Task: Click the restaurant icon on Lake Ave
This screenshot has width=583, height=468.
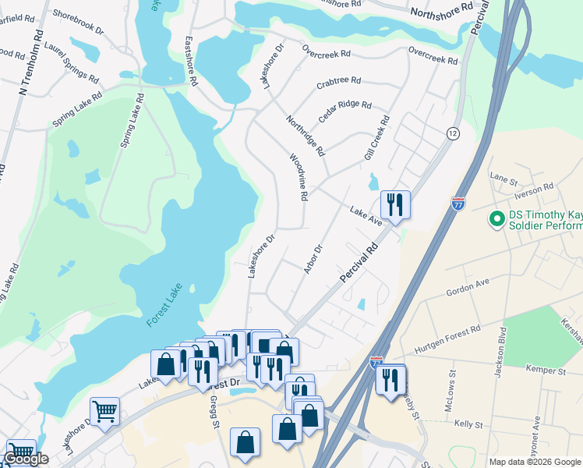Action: tap(394, 205)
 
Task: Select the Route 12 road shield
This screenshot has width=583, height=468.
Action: tap(453, 133)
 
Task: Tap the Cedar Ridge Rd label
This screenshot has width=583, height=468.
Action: tap(344, 112)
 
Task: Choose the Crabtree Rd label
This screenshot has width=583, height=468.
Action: tap(338, 81)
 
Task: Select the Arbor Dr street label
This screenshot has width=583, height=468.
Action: tap(313, 260)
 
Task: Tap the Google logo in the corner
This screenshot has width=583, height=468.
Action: tap(26, 459)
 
